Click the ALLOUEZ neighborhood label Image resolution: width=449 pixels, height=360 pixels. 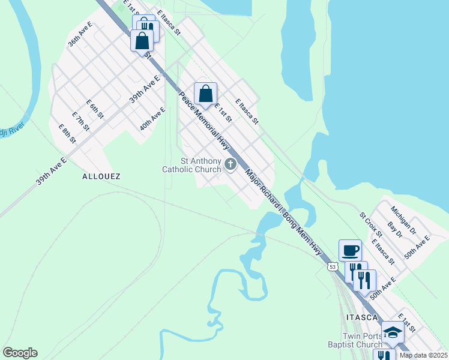click(x=101, y=176)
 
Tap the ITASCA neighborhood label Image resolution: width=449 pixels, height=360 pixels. click(x=362, y=317)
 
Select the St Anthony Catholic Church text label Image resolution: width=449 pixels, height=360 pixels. click(x=191, y=165)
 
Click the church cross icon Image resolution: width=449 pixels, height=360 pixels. click(x=230, y=164)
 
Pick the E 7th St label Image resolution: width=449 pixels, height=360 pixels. click(x=80, y=121)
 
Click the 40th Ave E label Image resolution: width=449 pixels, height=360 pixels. click(x=152, y=119)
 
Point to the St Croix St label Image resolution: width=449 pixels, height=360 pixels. click(x=370, y=223)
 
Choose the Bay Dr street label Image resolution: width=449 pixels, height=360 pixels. click(x=394, y=229)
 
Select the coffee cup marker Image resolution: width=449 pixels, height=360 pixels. click(x=350, y=250)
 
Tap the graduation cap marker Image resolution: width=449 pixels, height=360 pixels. click(x=393, y=331)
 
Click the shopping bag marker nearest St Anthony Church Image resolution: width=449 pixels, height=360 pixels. click(x=205, y=94)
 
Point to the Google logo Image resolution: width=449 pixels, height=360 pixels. click(x=20, y=353)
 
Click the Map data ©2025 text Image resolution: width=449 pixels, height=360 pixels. click(x=423, y=355)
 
